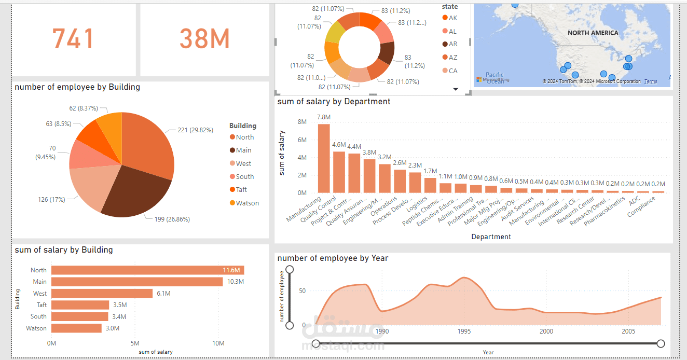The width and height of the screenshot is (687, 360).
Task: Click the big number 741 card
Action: (x=73, y=39)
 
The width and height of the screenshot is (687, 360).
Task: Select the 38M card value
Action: (x=204, y=39)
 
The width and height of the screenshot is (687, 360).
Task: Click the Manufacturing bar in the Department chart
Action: (x=324, y=158)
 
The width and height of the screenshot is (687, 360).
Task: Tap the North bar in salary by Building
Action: (x=147, y=270)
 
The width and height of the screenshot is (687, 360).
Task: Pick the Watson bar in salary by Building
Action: (x=76, y=328)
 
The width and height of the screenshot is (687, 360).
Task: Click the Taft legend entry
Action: (x=242, y=190)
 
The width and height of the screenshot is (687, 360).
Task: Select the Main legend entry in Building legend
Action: (x=243, y=150)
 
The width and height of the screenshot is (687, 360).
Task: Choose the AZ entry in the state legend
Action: (x=453, y=58)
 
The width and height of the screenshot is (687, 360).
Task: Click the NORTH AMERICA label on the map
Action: (x=593, y=33)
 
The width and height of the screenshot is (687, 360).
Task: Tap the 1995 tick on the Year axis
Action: (x=464, y=331)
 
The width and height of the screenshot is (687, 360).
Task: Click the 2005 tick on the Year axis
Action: (x=628, y=331)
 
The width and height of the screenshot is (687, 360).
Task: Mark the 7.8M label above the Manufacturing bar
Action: (x=324, y=117)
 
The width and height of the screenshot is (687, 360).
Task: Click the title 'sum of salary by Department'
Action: (x=334, y=102)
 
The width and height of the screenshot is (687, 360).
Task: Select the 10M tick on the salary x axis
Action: (x=218, y=343)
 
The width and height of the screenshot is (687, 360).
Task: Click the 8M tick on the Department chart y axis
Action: (x=302, y=122)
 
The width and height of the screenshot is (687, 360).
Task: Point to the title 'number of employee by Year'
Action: (x=333, y=258)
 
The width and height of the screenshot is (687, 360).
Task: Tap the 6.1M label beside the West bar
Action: (x=163, y=294)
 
